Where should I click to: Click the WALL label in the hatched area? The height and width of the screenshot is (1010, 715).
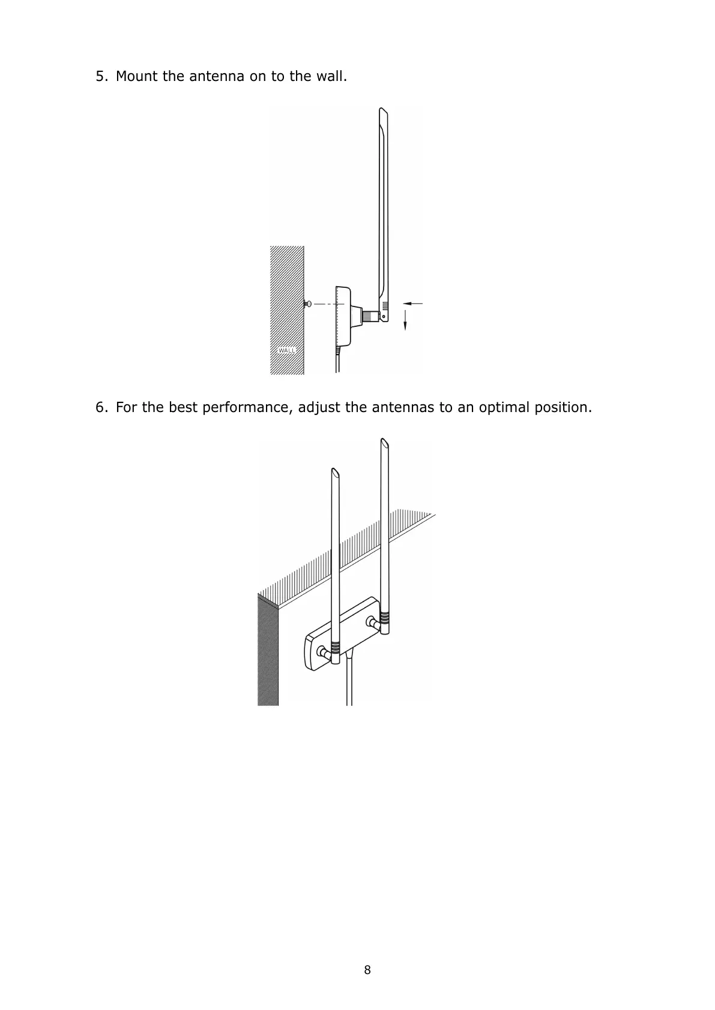tap(287, 350)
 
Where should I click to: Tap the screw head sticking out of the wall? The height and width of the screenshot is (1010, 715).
tap(308, 304)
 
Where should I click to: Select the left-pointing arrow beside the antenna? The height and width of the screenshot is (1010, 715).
tap(412, 303)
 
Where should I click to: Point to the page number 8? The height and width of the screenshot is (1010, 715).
tap(367, 970)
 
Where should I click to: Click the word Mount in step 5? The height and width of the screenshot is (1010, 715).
tap(137, 77)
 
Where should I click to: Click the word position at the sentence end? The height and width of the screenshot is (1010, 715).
tap(564, 408)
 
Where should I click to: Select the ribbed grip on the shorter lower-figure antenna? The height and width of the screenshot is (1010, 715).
tap(335, 648)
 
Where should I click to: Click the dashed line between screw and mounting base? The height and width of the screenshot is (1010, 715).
tap(327, 304)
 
